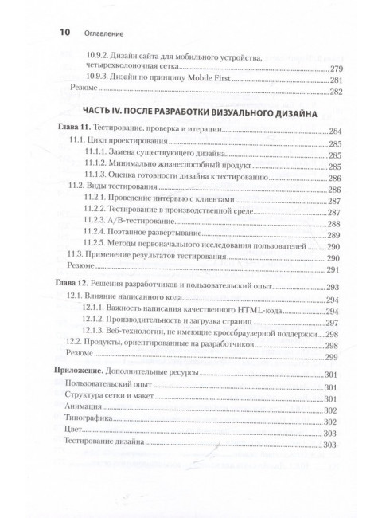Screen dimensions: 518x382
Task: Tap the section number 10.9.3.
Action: pyautogui.click(x=99, y=80)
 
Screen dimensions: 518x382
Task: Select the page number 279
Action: pyautogui.click(x=336, y=68)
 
